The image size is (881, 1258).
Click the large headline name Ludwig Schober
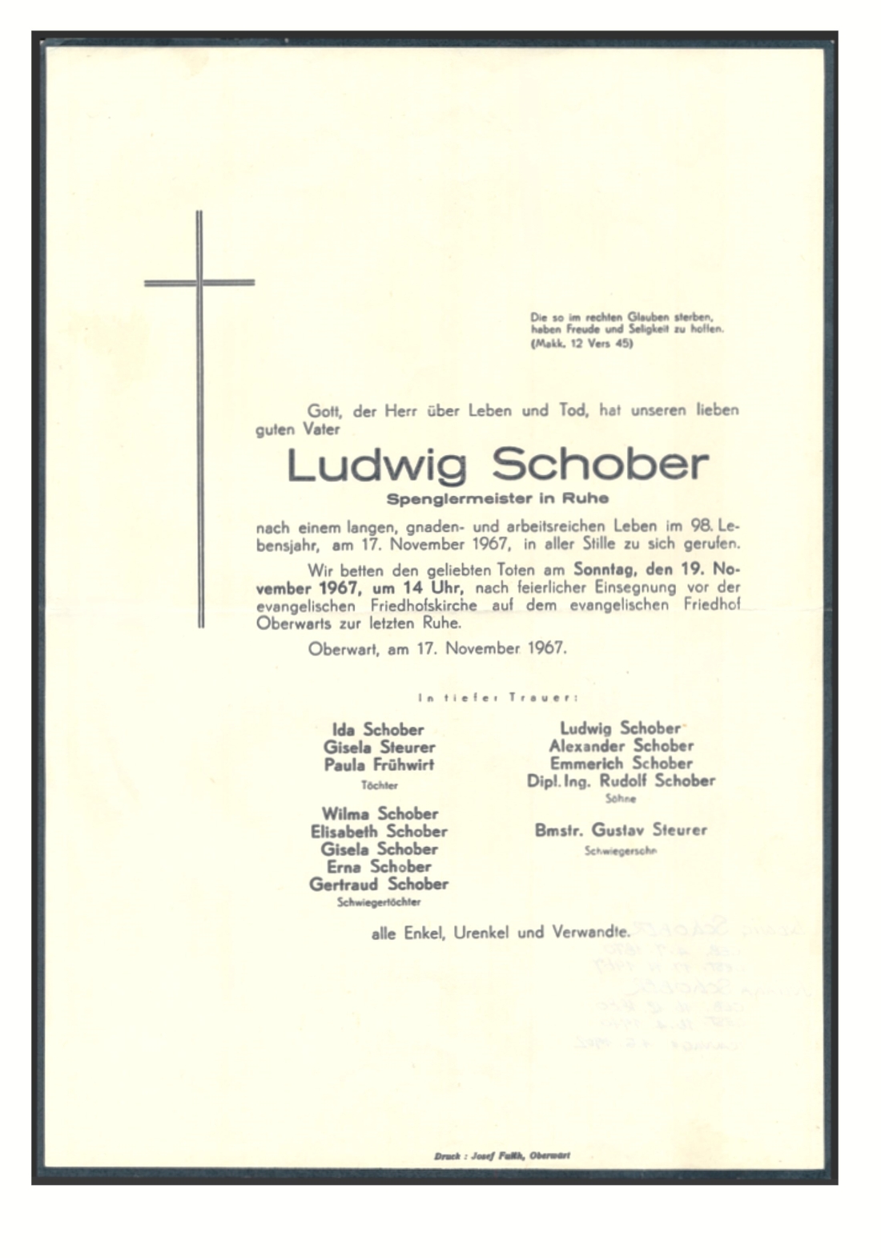pyautogui.click(x=497, y=466)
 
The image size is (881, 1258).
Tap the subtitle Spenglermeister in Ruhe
pyautogui.click(x=497, y=498)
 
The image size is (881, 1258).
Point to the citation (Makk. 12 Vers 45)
pyautogui.click(x=581, y=344)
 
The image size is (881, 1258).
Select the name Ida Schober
pyautogui.click(x=378, y=729)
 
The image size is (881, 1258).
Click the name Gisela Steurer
pyautogui.click(x=379, y=747)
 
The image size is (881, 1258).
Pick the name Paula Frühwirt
pyautogui.click(x=379, y=764)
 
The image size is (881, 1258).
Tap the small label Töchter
pyautogui.click(x=379, y=785)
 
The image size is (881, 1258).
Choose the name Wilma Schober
pyautogui.click(x=379, y=814)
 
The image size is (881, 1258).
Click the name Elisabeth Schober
pyautogui.click(x=379, y=832)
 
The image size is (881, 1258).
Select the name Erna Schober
pyautogui.click(x=379, y=867)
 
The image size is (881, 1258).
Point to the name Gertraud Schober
pyautogui.click(x=379, y=885)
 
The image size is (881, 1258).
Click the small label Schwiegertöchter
pyautogui.click(x=379, y=902)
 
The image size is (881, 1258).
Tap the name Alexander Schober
pyautogui.click(x=621, y=746)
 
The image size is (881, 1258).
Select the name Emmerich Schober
pyautogui.click(x=621, y=764)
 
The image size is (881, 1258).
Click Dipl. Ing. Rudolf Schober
pyautogui.click(x=621, y=781)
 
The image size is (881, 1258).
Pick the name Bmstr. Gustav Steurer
pyautogui.click(x=621, y=830)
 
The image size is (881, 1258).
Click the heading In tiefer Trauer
pyautogui.click(x=497, y=698)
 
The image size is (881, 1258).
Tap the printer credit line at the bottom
pyautogui.click(x=501, y=1156)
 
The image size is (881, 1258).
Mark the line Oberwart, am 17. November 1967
pyautogui.click(x=437, y=648)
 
